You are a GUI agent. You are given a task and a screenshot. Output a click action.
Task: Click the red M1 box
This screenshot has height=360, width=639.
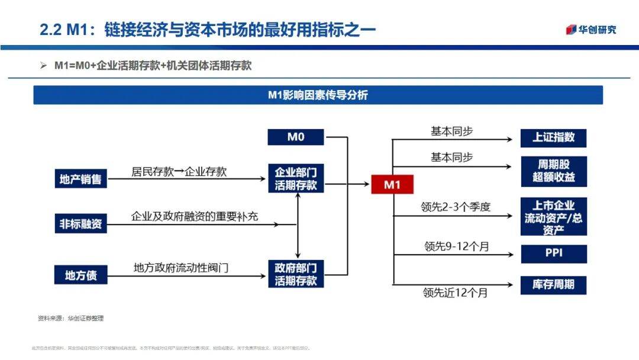click(392, 185)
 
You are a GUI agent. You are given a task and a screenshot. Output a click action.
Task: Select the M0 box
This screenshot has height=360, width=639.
click(296, 137)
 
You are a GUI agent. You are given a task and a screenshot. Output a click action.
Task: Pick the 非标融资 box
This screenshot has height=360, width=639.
click(80, 224)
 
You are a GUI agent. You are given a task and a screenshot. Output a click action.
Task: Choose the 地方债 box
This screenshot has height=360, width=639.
click(80, 275)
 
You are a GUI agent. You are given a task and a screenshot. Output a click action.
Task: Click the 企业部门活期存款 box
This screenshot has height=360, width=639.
click(296, 179)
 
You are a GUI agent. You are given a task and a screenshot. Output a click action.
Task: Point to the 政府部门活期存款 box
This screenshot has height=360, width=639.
click(296, 275)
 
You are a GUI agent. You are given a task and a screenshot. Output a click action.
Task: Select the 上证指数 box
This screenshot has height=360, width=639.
click(553, 137)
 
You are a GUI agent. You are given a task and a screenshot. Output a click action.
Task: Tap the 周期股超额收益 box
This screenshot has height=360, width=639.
click(553, 171)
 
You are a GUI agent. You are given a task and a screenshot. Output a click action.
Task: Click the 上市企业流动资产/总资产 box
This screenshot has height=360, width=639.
click(553, 217)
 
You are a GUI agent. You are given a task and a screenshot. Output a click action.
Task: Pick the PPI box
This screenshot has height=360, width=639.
click(553, 253)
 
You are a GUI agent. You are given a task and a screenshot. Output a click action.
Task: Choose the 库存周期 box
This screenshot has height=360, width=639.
click(553, 285)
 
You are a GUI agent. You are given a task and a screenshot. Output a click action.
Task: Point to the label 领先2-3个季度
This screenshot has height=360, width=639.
click(456, 207)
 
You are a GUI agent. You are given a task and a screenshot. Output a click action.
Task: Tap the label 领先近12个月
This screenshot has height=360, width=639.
click(455, 292)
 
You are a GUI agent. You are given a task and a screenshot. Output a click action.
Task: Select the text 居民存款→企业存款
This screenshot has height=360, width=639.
click(179, 172)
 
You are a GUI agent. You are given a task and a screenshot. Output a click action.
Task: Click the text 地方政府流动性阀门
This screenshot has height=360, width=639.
click(181, 268)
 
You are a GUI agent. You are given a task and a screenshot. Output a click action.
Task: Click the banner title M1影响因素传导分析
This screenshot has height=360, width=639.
click(318, 95)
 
